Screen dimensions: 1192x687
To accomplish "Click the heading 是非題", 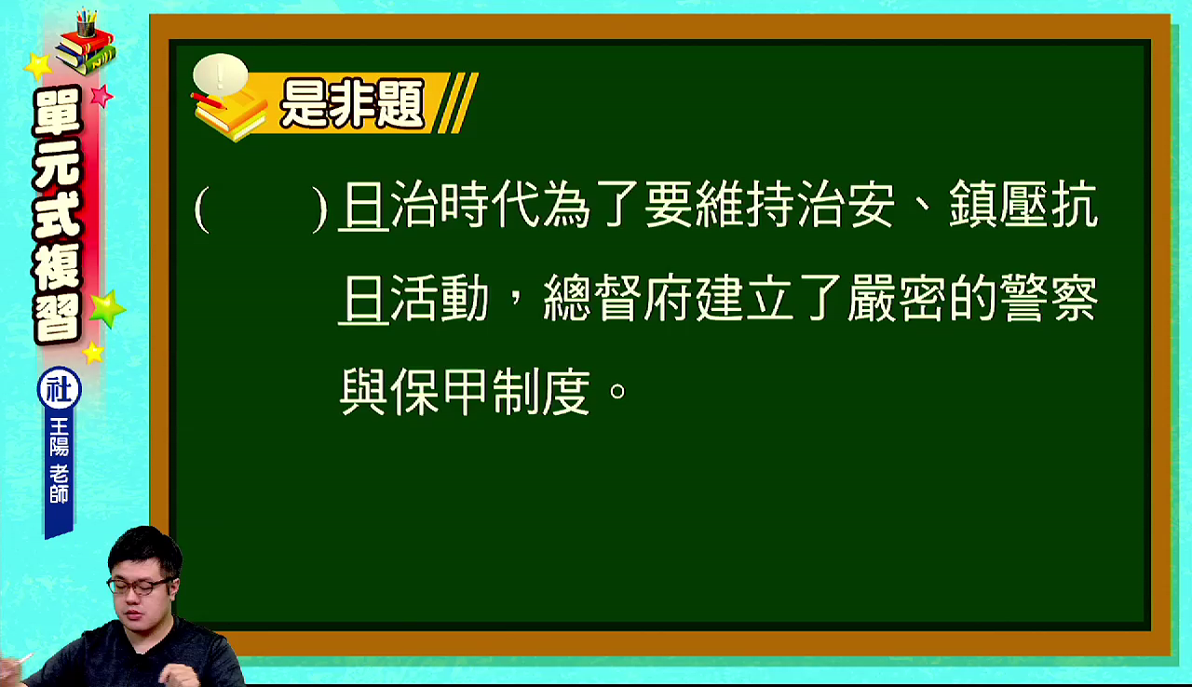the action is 352,103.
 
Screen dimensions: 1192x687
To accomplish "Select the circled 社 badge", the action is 59,389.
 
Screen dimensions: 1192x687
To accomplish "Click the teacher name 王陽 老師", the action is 59,461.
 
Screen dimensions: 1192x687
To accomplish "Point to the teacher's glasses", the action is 140,586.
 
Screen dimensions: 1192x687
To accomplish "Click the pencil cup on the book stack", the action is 86,22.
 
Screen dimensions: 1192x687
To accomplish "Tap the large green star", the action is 107,308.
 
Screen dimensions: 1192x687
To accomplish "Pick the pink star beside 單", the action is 102,96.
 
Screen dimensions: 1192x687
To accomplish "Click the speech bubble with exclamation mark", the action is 221,74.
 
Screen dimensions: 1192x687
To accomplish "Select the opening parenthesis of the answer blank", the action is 202,209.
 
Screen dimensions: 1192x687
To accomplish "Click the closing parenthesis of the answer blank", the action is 319,209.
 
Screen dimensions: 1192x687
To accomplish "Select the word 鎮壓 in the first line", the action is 999,205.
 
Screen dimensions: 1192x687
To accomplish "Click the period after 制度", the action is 617,391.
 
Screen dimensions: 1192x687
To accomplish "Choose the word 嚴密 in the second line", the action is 898,298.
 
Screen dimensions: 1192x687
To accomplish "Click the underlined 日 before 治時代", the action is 364,205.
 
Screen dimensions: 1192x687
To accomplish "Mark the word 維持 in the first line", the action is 744,205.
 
